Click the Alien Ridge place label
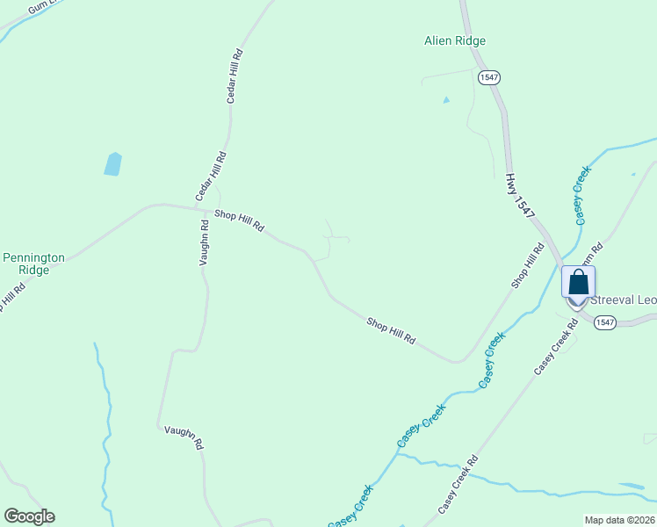[x=454, y=40]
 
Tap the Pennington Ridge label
[x=33, y=263]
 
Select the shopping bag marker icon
[x=578, y=283]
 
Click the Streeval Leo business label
[x=624, y=300]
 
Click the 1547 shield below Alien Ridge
[x=489, y=78]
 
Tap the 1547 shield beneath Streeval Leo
[x=604, y=322]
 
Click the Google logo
[x=29, y=516]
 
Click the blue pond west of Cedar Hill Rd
[x=112, y=163]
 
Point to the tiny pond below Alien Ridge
[x=446, y=100]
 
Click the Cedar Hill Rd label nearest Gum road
[x=235, y=76]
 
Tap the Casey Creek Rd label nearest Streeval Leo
[x=556, y=347]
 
